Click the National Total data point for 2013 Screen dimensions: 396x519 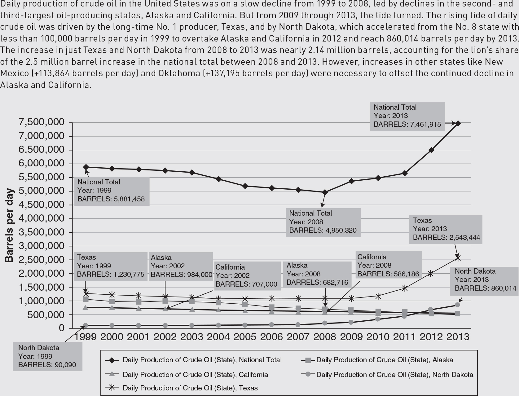pyautogui.click(x=458, y=123)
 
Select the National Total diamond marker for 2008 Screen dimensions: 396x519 pyautogui.click(x=325, y=192)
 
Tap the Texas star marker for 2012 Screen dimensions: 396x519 pyautogui.click(x=431, y=273)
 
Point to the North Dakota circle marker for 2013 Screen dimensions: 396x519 pyautogui.click(x=457, y=305)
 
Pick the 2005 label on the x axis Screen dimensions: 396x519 pyautogui.click(x=245, y=337)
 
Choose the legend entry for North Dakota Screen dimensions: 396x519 pyautogui.click(x=394, y=375)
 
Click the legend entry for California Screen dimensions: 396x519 pyautogui.click(x=195, y=375)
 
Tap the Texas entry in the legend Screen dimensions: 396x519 pyautogui.click(x=190, y=388)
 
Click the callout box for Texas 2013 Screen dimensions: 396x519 pyautogui.click(x=446, y=229)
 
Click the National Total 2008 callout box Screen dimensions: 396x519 pyautogui.click(x=323, y=222)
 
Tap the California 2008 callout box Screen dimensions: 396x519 pyautogui.click(x=388, y=266)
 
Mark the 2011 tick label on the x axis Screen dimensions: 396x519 pyautogui.click(x=404, y=337)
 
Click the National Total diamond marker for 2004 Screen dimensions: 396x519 pyautogui.click(x=218, y=179)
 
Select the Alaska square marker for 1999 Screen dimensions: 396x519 pyautogui.click(x=86, y=299)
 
